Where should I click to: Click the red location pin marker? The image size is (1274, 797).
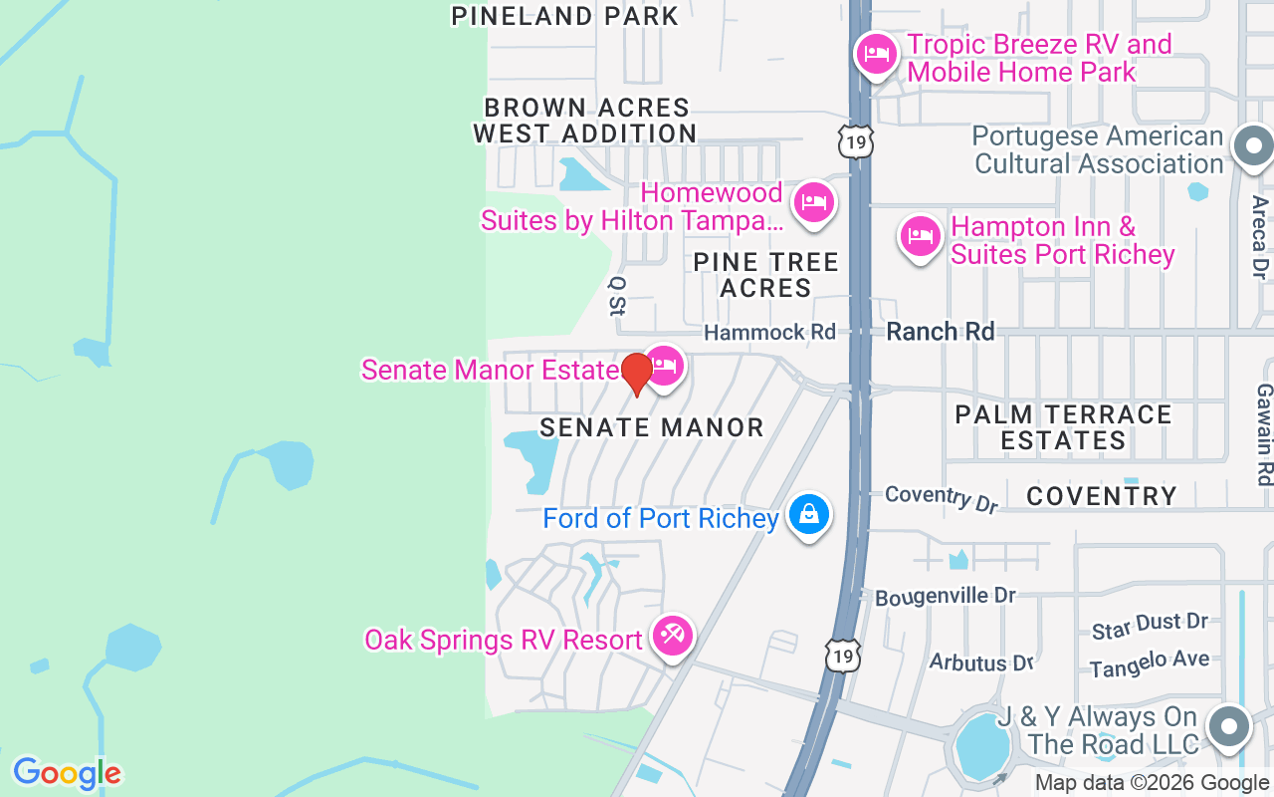click(636, 374)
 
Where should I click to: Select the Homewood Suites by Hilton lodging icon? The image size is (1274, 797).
click(813, 203)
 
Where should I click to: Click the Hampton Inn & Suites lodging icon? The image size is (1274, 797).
click(921, 237)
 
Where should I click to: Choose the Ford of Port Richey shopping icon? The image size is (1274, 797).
click(808, 514)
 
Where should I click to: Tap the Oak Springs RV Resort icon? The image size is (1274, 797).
click(673, 634)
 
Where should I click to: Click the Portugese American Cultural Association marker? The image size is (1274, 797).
click(1252, 147)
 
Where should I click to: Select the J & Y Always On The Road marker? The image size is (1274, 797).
click(1228, 726)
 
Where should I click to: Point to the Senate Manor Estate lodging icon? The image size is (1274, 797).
click(664, 366)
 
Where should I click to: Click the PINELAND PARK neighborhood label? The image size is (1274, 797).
click(565, 16)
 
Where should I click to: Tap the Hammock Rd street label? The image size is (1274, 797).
click(769, 332)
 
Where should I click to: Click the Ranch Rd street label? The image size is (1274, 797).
click(941, 331)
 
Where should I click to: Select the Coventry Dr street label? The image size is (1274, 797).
click(941, 498)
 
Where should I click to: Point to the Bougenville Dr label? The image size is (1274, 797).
click(946, 597)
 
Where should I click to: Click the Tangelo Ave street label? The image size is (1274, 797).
click(1150, 664)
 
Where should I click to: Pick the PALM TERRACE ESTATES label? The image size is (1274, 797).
click(1063, 426)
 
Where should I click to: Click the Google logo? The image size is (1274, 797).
click(67, 773)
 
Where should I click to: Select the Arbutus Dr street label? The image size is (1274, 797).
click(981, 662)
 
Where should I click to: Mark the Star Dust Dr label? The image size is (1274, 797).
click(1150, 626)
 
